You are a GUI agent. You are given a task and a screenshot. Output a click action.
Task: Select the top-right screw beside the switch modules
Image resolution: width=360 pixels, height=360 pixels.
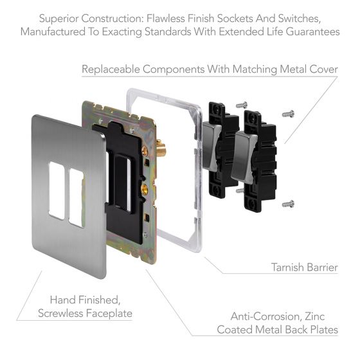[288, 114]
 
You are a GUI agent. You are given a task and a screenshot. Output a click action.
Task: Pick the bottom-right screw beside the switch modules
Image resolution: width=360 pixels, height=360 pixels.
[288, 204]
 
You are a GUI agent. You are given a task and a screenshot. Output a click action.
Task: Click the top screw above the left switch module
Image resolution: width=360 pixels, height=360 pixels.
[242, 104]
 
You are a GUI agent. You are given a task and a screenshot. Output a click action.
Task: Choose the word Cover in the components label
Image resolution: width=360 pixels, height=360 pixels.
[322, 69]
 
